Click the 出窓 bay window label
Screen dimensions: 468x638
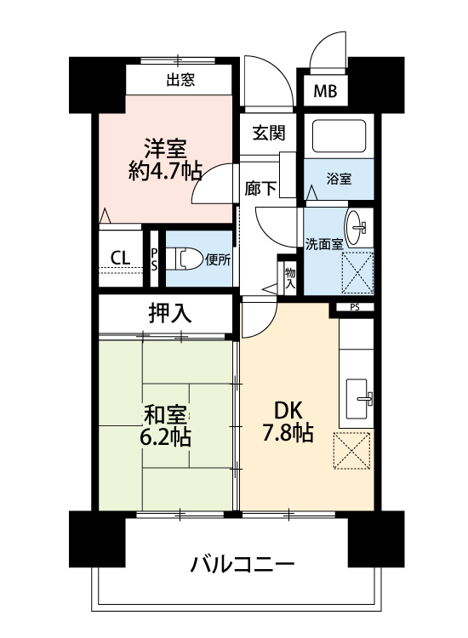tap(180, 79)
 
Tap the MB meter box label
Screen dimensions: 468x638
tap(325, 91)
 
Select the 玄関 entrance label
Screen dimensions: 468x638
tap(269, 133)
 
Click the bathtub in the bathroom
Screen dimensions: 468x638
tap(339, 136)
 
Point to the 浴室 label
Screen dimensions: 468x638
tap(339, 179)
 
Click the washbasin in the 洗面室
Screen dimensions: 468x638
tap(358, 228)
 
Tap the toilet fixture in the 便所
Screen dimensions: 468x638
tap(185, 259)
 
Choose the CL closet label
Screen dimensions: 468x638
tap(121, 258)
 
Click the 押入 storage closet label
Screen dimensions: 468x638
tap(169, 314)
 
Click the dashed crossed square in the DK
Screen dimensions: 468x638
tap(351, 450)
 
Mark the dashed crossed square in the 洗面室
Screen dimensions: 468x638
tap(357, 272)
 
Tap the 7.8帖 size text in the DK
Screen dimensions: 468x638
tap(288, 432)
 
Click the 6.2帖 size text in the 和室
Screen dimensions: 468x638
tap(165, 437)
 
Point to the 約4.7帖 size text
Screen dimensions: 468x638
tap(165, 171)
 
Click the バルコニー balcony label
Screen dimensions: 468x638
tap(243, 564)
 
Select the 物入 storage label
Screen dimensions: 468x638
tap(290, 278)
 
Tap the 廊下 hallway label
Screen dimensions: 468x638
tap(260, 188)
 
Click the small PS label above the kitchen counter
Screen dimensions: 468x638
tap(355, 308)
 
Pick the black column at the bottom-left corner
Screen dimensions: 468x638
tap(97, 538)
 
